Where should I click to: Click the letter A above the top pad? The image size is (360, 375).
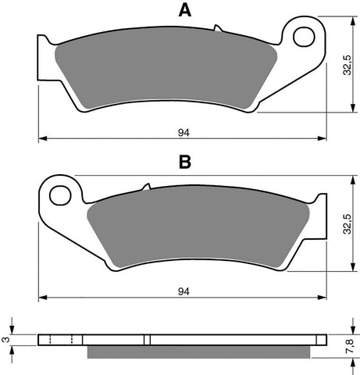pos(184,11)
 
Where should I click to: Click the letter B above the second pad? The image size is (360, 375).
pos(184,162)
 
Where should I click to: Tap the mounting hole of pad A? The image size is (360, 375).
pos(304,36)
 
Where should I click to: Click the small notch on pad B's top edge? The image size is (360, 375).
pos(145,187)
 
